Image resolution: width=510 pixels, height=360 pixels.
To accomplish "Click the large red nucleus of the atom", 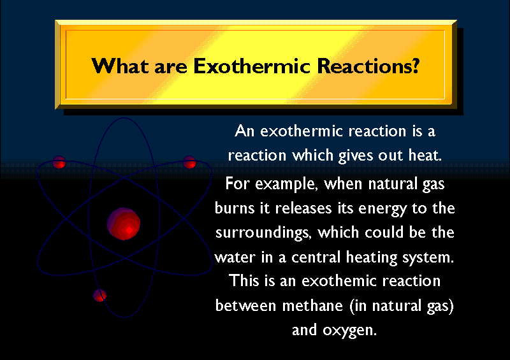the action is tap(124, 224).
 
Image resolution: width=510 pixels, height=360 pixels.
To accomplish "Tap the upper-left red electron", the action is tap(59, 162).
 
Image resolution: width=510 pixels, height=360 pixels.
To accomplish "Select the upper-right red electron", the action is tap(189, 162).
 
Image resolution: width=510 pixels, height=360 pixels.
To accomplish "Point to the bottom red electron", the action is tap(99, 295).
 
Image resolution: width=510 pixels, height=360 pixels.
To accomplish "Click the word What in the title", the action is tap(120, 66).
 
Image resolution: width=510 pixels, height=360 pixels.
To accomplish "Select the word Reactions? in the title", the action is tap(368, 66).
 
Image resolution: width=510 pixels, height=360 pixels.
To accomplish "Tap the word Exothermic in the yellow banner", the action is tap(252, 66).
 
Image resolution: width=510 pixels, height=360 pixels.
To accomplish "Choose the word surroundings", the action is tap(263, 233).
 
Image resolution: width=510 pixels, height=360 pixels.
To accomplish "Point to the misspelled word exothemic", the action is tap(339, 280).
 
